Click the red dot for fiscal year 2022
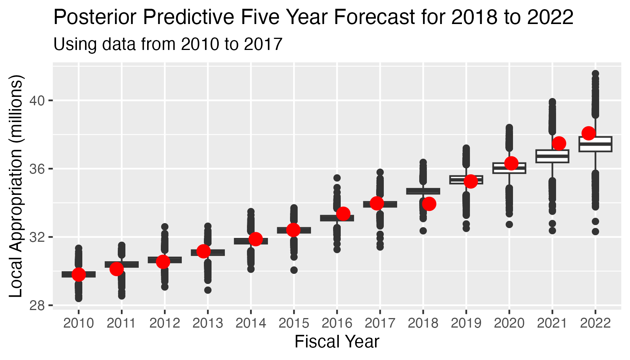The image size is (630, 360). (x=588, y=133)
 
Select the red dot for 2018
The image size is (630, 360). (x=429, y=204)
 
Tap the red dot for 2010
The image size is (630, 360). (x=79, y=274)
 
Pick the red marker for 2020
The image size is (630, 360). (x=511, y=163)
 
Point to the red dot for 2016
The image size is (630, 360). (x=343, y=214)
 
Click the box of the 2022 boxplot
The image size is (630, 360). (x=595, y=144)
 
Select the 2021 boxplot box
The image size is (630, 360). (x=552, y=156)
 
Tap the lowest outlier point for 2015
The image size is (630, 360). (x=294, y=270)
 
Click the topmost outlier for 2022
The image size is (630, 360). (x=595, y=73)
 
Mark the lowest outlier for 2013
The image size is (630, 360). (x=208, y=290)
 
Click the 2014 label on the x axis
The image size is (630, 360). (x=250, y=323)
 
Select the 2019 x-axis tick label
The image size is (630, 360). (x=466, y=323)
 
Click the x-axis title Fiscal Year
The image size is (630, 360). (x=337, y=342)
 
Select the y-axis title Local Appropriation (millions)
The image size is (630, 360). (x=16, y=186)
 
